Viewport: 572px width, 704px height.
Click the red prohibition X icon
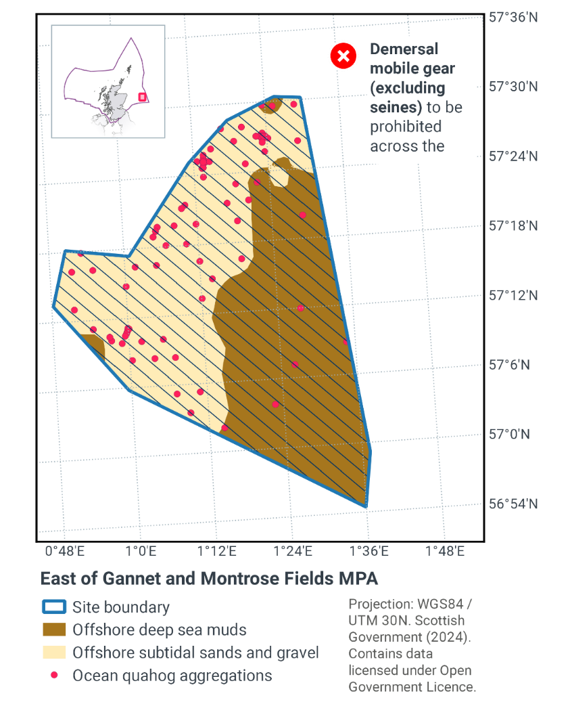pos(343,56)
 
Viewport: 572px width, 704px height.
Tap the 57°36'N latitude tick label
pos(513,18)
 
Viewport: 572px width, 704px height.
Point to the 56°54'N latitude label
pos(513,504)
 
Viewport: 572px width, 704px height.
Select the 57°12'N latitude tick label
pos(513,296)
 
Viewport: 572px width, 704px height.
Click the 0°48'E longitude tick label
pos(64,552)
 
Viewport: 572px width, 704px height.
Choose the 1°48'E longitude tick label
pos(446,552)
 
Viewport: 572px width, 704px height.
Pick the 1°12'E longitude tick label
pos(217,552)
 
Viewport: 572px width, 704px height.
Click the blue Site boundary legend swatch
pos(54,607)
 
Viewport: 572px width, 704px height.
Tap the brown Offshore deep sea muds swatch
pos(54,630)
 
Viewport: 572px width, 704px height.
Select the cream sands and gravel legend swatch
pos(54,653)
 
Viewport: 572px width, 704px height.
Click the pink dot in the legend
pos(55,676)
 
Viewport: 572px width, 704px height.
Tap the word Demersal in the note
pos(404,49)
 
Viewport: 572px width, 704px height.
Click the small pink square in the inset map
pos(142,97)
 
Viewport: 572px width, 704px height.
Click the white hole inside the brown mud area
pos(280,175)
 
